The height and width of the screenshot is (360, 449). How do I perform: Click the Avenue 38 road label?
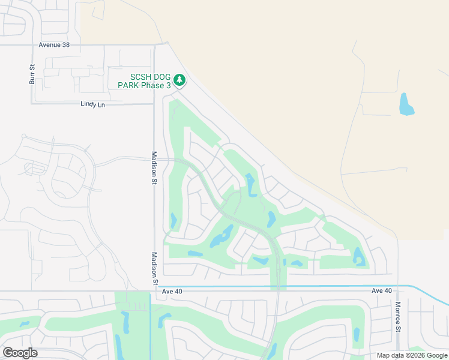(59, 44)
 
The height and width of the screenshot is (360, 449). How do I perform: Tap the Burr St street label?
(32, 73)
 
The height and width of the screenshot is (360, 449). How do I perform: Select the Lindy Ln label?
(92, 104)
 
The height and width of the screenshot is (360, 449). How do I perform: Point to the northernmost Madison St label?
(154, 167)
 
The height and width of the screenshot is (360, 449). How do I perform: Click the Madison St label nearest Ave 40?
(154, 268)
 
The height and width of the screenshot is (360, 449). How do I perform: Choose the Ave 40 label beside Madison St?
(172, 291)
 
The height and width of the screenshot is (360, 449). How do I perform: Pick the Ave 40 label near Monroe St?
(382, 291)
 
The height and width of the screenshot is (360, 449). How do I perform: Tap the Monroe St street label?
(397, 316)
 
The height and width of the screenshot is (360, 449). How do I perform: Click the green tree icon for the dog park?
(179, 80)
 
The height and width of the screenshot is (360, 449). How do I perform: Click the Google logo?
(20, 352)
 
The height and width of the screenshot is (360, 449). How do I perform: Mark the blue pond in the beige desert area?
(406, 104)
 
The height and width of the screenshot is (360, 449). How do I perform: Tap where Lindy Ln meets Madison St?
(154, 104)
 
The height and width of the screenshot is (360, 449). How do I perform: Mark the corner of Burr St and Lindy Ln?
(32, 103)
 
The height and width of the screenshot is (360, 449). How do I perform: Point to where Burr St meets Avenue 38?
(32, 44)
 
